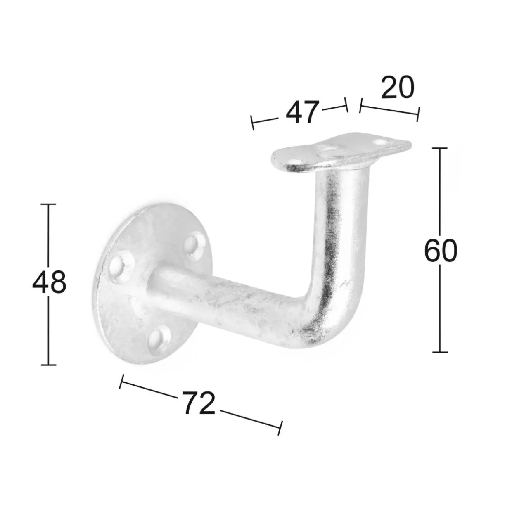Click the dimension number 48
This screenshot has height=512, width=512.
(x=49, y=283)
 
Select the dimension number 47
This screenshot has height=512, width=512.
(x=302, y=113)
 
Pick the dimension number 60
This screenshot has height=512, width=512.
(x=440, y=251)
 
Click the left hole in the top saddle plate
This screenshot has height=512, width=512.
(x=297, y=161)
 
